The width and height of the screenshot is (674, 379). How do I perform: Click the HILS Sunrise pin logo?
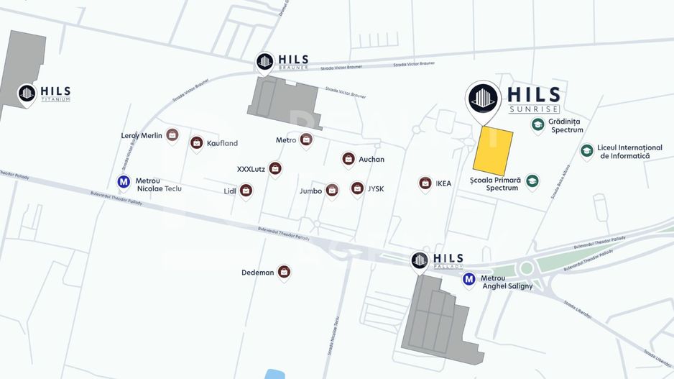click(483, 99)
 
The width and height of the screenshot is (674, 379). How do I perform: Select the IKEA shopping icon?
click(425, 183)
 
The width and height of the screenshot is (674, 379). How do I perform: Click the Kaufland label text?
click(222, 144)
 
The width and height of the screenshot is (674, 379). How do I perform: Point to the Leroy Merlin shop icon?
click(172, 134)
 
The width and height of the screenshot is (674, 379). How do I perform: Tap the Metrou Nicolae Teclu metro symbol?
click(124, 183)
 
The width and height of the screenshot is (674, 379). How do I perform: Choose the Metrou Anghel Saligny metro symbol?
click(469, 279)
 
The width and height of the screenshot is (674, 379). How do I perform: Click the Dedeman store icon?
click(285, 272)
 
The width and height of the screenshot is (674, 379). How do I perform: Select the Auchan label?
click(371, 160)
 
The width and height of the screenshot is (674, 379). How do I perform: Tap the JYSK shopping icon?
click(357, 188)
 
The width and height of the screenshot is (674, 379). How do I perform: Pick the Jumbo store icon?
click(332, 190)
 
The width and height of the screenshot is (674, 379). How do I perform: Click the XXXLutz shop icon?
click(275, 168)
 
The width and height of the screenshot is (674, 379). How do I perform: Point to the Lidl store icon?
click(246, 191)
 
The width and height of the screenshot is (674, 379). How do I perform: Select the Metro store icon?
click(306, 139)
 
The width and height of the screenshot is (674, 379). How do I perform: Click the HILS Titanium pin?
click(27, 93)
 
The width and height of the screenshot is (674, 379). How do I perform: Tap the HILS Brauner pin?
click(265, 62)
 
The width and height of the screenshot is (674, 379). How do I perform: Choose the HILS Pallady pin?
click(420, 260)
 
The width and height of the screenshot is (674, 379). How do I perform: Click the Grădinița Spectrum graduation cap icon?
click(537, 124)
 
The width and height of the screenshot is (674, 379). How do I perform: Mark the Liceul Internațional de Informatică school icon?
click(587, 150)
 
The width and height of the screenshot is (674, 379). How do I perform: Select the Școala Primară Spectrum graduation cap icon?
click(532, 181)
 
